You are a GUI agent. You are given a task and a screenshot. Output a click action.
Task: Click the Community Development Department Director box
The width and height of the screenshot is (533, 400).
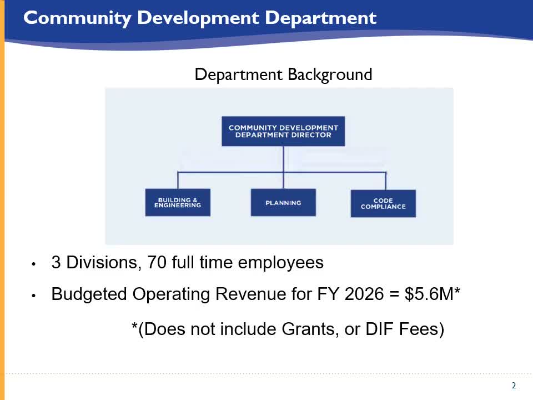coord(283,131)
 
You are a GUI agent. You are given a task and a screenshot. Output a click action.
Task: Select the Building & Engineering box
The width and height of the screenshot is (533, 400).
coord(178,203)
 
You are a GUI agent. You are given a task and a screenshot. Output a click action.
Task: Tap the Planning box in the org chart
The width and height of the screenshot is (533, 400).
coord(283,203)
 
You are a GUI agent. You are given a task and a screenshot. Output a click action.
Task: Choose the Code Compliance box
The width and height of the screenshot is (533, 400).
coord(383,203)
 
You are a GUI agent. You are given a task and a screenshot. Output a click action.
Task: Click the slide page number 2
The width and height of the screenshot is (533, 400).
coord(514,386)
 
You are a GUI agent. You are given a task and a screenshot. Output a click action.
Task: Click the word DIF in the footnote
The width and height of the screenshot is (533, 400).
coord(380,329)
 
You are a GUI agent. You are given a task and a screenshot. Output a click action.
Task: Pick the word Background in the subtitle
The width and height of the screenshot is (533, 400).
coord(329,74)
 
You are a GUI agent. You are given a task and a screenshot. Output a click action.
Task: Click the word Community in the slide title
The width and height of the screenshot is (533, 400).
coord(77,18)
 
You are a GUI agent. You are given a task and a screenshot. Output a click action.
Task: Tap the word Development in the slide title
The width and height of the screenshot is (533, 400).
coord(198,18)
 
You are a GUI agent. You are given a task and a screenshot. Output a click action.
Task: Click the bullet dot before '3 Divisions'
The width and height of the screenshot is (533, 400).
coord(34,264)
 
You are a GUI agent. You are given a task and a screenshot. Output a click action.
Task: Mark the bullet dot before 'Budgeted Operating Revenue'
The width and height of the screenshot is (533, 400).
coord(34,296)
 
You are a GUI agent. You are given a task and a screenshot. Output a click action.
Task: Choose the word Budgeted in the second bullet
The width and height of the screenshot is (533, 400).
coord(89,294)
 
